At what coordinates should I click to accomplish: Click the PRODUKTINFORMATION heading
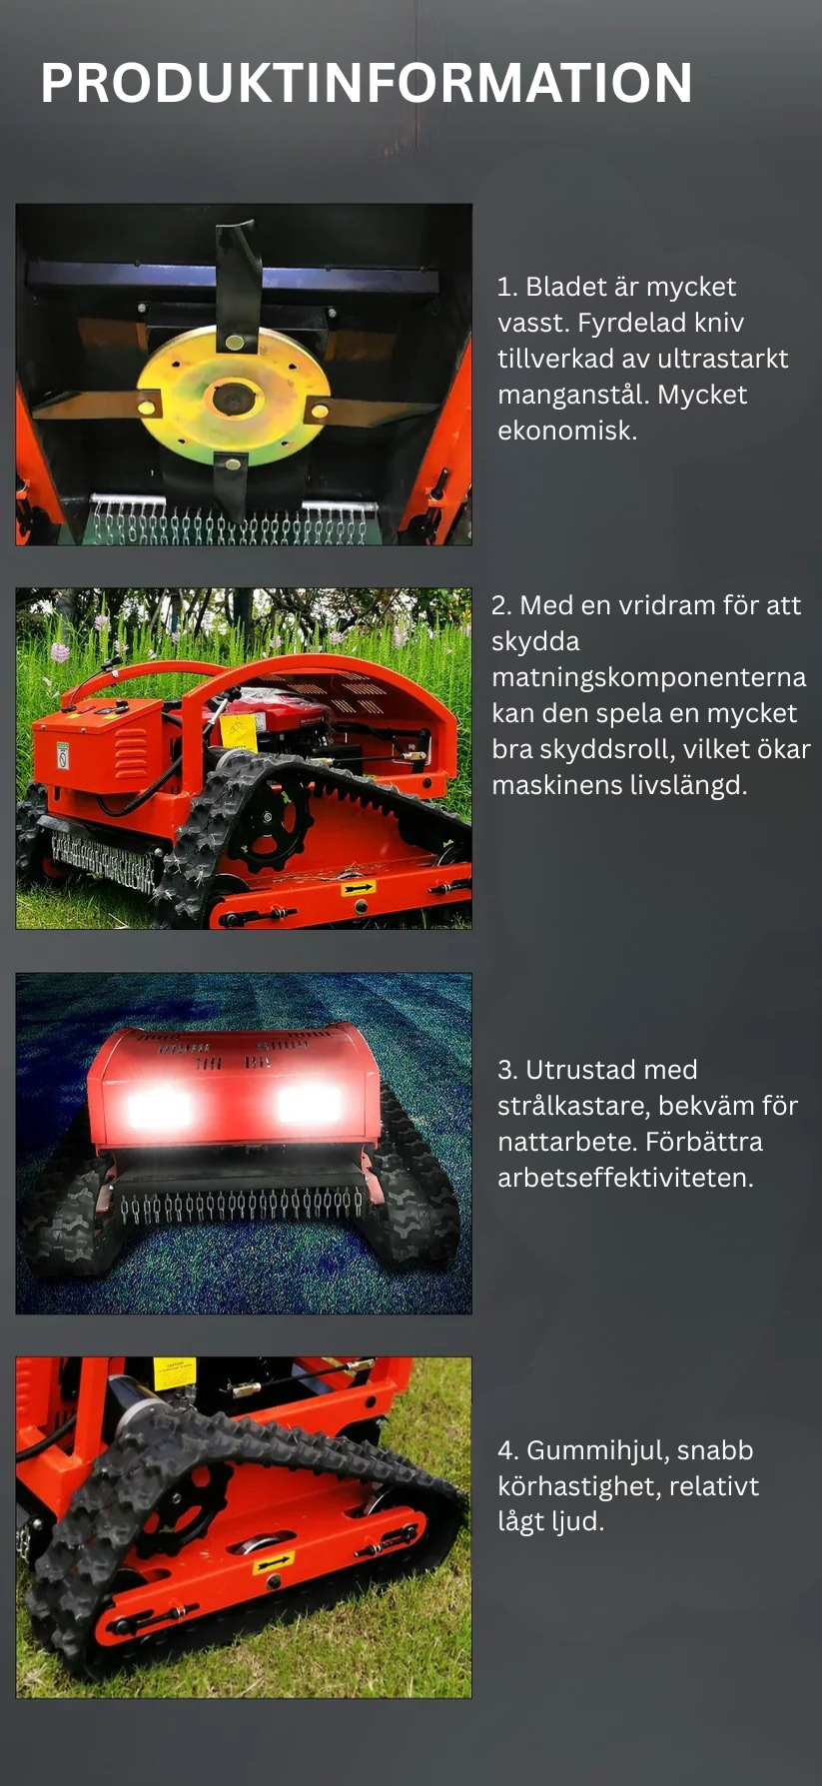click(x=366, y=83)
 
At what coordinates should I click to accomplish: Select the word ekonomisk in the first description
click(x=565, y=431)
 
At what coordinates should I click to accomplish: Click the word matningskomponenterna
click(x=648, y=677)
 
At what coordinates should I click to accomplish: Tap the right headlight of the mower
click(x=309, y=1105)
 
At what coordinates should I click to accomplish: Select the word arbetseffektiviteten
click(x=625, y=1178)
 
